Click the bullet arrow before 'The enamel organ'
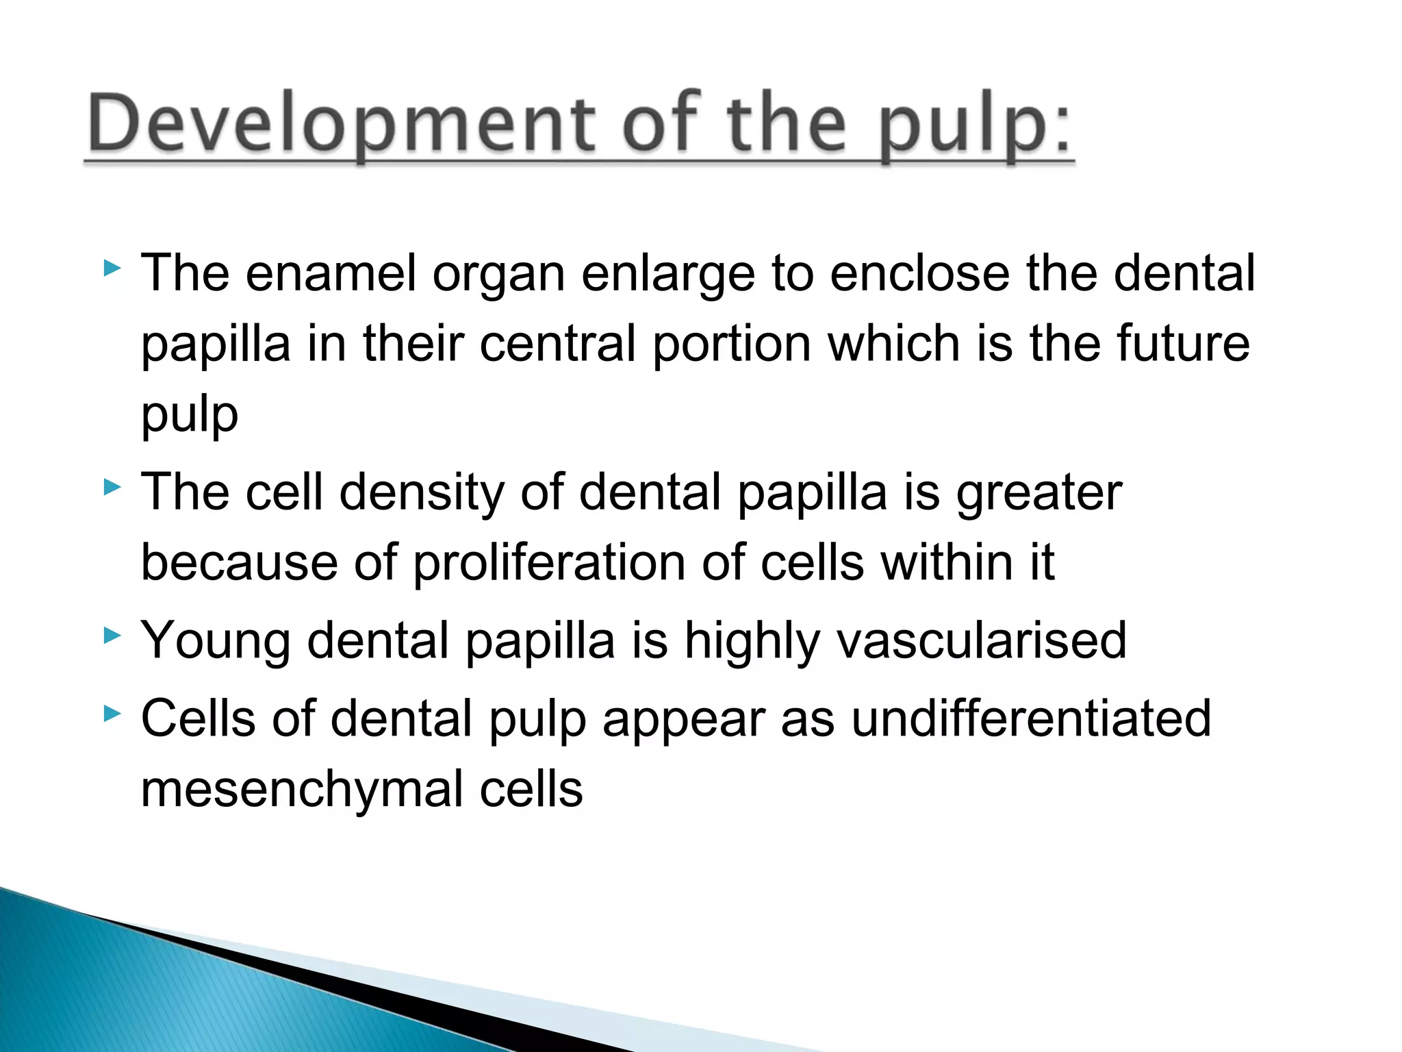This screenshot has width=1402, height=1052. pyautogui.click(x=112, y=268)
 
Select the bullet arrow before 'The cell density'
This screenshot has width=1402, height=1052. pyautogui.click(x=112, y=488)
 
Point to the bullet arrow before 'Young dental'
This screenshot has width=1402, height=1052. pyautogui.click(x=112, y=636)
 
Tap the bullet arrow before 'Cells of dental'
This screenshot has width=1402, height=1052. pyautogui.click(x=112, y=715)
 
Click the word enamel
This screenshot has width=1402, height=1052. pyautogui.click(x=330, y=273)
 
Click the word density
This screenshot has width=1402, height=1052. pyautogui.click(x=422, y=494)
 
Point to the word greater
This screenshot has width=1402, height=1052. pyautogui.click(x=1038, y=494)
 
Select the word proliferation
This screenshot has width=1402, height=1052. pyautogui.click(x=550, y=564)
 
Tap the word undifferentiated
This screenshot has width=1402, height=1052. pyautogui.click(x=1031, y=719)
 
